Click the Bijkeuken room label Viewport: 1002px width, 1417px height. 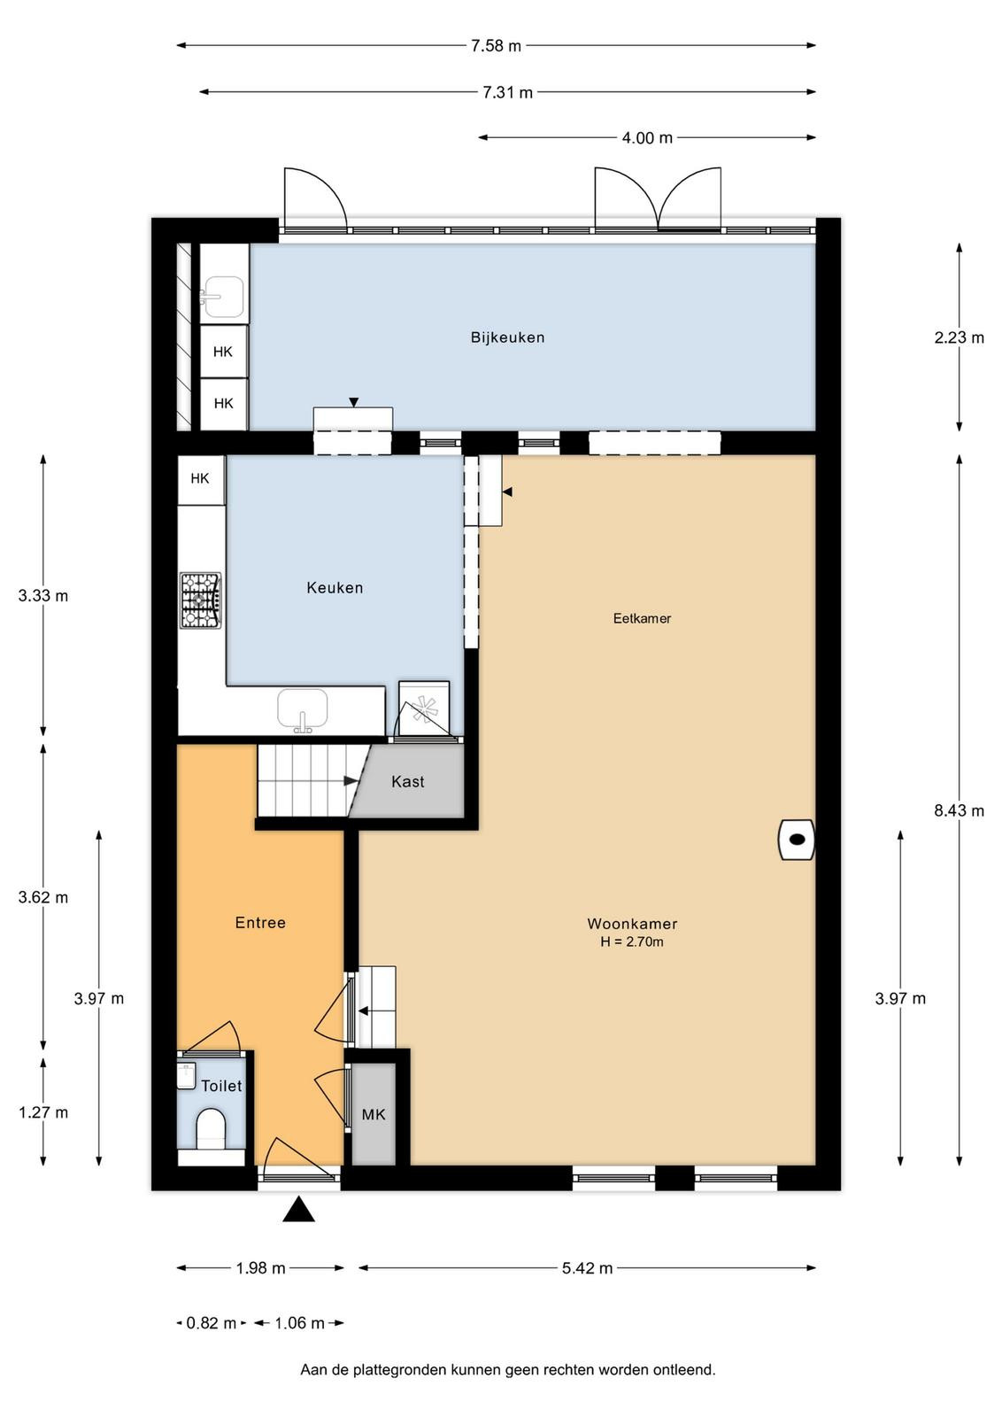[x=507, y=337]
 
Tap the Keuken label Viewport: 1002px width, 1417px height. [x=335, y=588]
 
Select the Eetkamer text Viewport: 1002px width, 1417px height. [x=642, y=618]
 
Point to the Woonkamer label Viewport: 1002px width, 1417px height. [x=631, y=924]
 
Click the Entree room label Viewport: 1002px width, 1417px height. [x=260, y=922]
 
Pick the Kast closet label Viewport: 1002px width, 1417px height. [x=408, y=782]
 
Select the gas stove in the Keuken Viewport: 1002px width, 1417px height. [x=200, y=600]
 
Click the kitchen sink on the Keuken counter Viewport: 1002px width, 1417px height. [x=303, y=710]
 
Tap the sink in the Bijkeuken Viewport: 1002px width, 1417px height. [x=222, y=297]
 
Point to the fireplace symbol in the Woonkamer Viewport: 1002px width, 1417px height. [x=796, y=840]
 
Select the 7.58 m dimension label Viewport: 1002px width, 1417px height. [x=496, y=45]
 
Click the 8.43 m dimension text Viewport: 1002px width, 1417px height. [x=959, y=810]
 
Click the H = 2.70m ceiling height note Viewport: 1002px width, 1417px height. [x=631, y=942]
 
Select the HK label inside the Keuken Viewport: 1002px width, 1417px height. [x=200, y=478]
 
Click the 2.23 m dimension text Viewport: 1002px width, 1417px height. [x=959, y=337]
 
